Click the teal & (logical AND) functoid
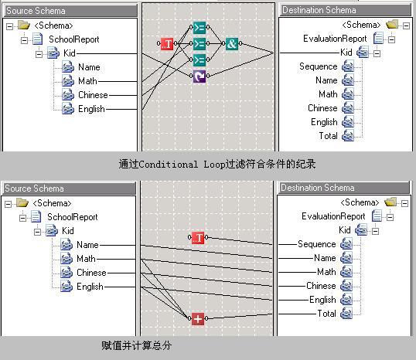(232, 43)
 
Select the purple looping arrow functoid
(199, 76)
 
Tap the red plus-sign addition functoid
(198, 318)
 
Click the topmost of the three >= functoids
(199, 27)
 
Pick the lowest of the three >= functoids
(199, 60)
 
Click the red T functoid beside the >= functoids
(167, 43)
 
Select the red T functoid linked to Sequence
(198, 237)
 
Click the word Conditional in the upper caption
(169, 165)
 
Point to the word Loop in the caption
(214, 165)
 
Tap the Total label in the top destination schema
(328, 136)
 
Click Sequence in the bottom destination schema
(317, 244)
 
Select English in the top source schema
(91, 109)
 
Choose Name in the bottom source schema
(87, 245)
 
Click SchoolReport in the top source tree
(74, 39)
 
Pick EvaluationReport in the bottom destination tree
(333, 216)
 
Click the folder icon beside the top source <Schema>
(24, 25)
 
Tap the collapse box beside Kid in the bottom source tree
(38, 232)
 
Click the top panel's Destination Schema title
(319, 10)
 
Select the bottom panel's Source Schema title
(34, 188)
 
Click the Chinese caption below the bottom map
(136, 345)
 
